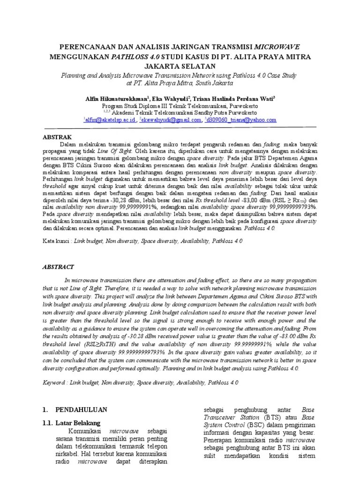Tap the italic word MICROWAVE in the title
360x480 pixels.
277,47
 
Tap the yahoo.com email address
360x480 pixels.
242,120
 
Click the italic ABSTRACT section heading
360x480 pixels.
59,267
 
